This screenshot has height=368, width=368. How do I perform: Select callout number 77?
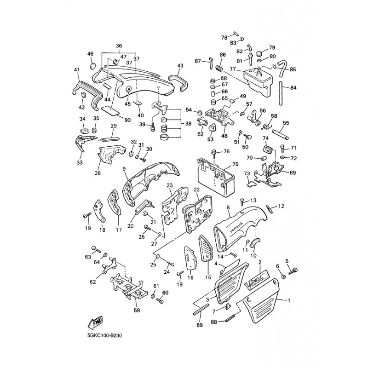pos(233,69)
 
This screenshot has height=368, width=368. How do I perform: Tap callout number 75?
pos(235,164)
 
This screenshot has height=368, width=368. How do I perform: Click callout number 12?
pos(282,206)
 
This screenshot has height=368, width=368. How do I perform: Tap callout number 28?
pos(98,173)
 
